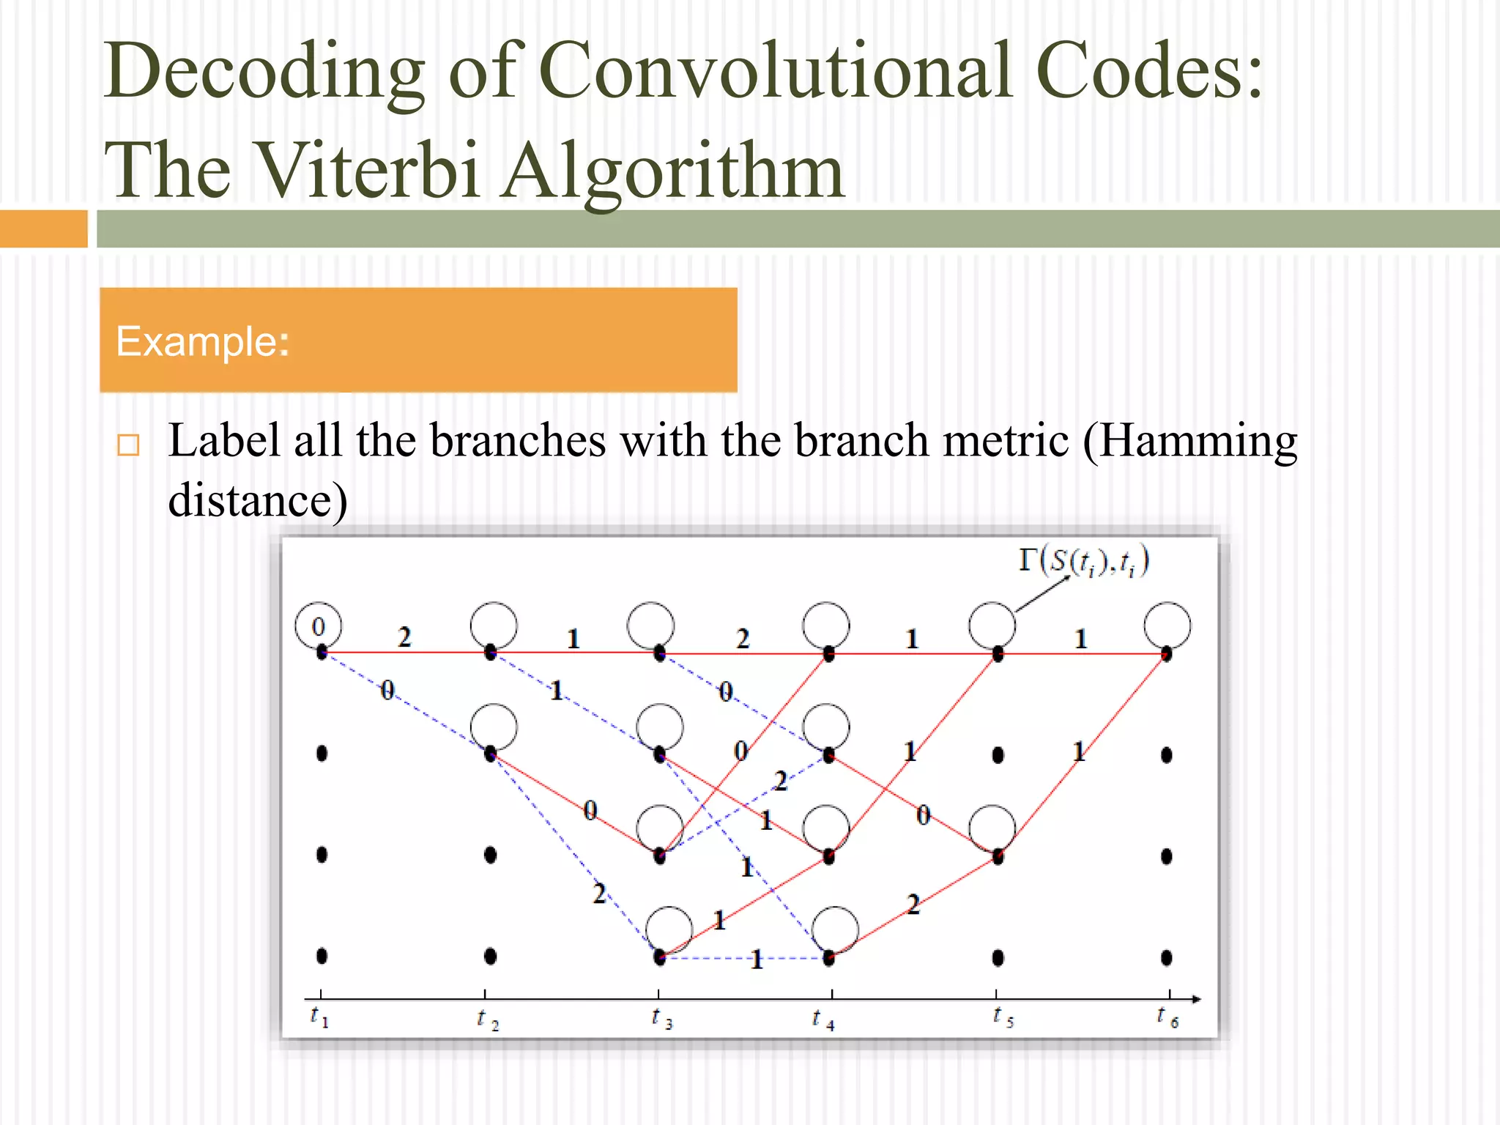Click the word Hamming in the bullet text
1189,442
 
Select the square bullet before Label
128,445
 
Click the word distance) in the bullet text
258,501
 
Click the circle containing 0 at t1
318,626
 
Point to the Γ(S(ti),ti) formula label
1084,562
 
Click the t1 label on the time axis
319,1017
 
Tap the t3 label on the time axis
661,1018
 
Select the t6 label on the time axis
1167,1017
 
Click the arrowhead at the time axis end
1195,999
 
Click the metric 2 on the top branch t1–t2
404,636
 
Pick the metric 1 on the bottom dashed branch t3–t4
757,959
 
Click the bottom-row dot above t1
322,956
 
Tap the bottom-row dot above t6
1167,957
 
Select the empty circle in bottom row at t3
669,929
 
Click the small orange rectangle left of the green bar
43,229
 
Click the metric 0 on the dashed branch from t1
387,690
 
